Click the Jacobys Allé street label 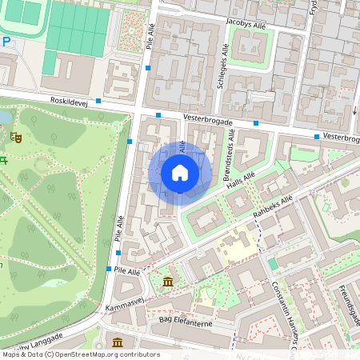246,24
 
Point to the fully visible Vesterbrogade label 207,122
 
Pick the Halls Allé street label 240,182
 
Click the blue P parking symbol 6,42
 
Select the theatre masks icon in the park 14,137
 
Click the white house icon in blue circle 180,173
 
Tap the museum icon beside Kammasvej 168,282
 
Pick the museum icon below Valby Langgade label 118,343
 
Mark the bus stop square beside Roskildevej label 98,101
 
